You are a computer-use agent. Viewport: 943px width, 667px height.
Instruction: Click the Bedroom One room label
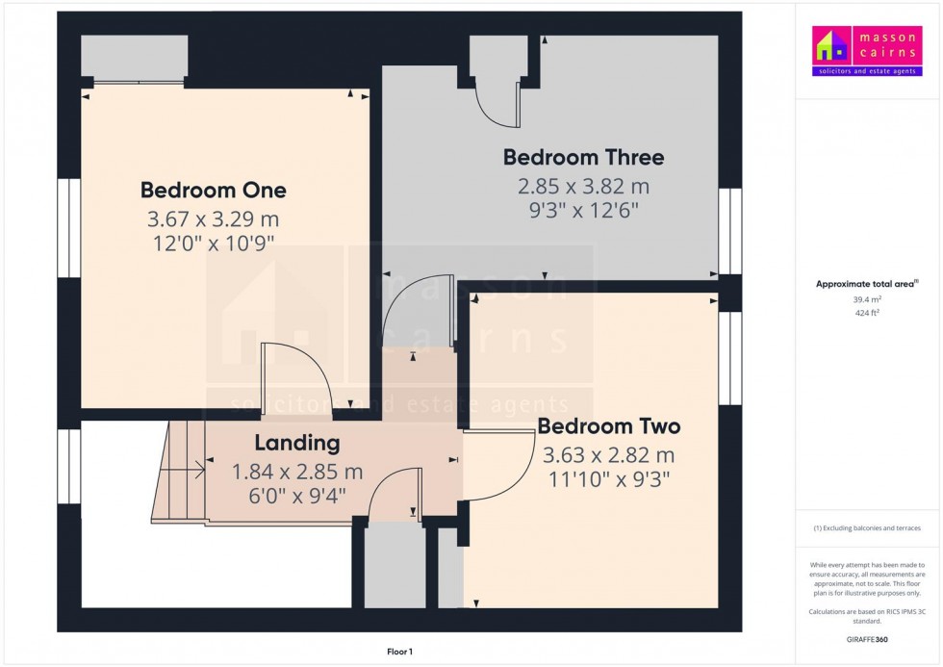(213, 190)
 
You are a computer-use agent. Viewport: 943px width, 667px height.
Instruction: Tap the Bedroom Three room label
(583, 157)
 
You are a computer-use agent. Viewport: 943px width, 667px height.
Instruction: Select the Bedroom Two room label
(608, 426)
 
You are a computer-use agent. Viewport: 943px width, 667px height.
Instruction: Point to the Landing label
(297, 444)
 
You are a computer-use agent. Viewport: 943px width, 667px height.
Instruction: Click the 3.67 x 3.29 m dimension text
(213, 219)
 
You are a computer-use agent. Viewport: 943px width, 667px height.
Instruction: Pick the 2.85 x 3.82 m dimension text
(583, 186)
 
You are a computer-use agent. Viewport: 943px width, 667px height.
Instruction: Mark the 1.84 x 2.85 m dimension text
(297, 472)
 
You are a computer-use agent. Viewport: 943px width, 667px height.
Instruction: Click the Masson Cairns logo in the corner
(867, 52)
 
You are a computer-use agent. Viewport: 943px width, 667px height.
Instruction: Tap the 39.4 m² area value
(867, 299)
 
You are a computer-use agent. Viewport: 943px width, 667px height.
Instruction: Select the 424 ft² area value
(867, 312)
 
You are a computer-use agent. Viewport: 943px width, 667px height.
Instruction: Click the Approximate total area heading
(867, 284)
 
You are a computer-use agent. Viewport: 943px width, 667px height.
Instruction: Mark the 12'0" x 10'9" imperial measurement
(213, 245)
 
